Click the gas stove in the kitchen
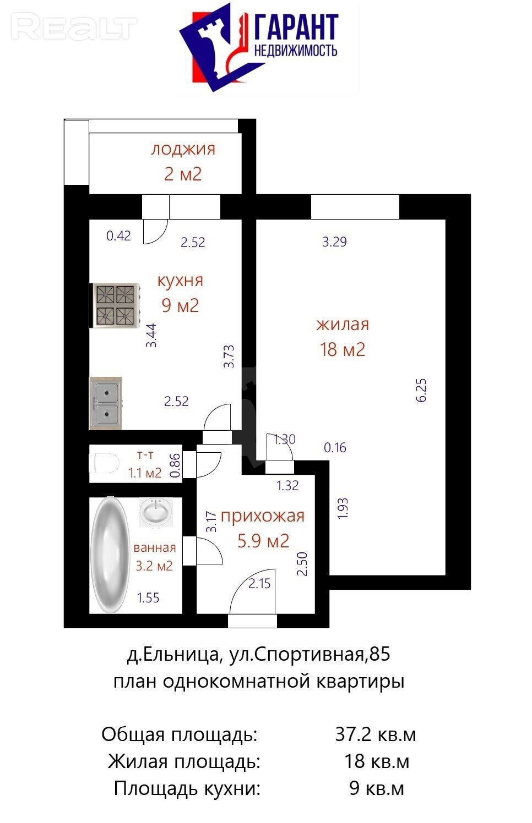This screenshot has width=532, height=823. pyautogui.click(x=115, y=305)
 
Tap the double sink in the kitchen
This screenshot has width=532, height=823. pyautogui.click(x=106, y=403)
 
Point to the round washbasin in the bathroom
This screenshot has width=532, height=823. pyautogui.click(x=156, y=512)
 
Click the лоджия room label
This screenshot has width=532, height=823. pyautogui.click(x=183, y=150)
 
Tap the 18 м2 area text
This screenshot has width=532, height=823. pyautogui.click(x=343, y=349)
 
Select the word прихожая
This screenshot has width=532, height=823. pyautogui.click(x=263, y=516)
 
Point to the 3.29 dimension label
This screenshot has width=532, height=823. pyautogui.click(x=334, y=242)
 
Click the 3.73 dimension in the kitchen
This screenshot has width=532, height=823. pyautogui.click(x=229, y=356)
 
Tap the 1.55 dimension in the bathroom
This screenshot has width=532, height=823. pyautogui.click(x=148, y=598)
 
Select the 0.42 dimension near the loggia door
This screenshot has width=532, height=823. pyautogui.click(x=118, y=235)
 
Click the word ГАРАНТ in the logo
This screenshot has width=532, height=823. pyautogui.click(x=296, y=27)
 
